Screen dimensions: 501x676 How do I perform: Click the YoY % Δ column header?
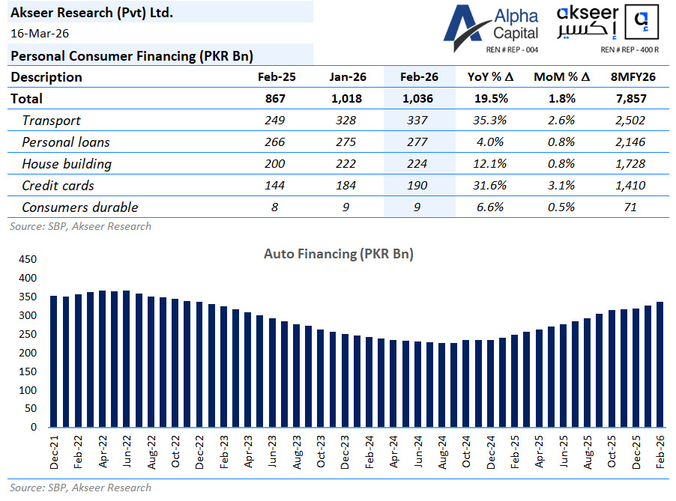[490, 77]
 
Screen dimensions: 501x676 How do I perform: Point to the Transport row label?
[51, 121]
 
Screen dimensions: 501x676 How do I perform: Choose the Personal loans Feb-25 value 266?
[274, 142]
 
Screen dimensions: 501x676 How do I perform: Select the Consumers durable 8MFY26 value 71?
[630, 207]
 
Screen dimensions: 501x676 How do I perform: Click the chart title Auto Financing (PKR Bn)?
[338, 254]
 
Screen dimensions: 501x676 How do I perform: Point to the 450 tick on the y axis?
[27, 260]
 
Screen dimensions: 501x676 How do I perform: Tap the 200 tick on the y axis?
[27, 353]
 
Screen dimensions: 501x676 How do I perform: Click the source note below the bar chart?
[80, 488]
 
